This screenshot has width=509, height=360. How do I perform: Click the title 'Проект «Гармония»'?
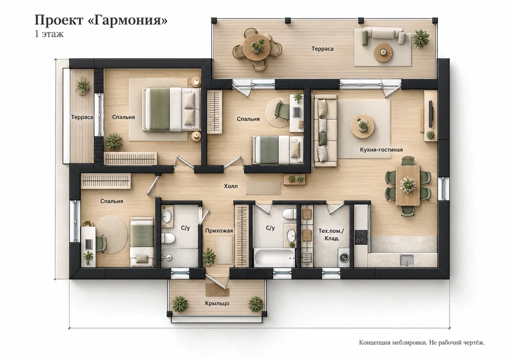(x=101, y=20)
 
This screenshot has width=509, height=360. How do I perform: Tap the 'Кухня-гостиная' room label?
(x=381, y=150)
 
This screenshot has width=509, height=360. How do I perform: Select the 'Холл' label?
(x=231, y=186)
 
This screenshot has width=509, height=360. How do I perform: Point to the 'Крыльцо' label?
(x=217, y=303)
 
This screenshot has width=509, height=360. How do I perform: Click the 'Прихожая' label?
(x=219, y=231)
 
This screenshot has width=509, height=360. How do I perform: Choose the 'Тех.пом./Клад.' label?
(x=331, y=235)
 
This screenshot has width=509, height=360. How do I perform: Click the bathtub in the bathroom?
(x=274, y=258)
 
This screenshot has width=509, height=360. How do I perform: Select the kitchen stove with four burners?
(x=360, y=237)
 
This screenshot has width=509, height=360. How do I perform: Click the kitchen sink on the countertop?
(x=407, y=260)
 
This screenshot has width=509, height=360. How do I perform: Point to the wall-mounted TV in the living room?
(x=431, y=115)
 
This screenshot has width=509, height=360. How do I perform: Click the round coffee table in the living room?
(x=363, y=126)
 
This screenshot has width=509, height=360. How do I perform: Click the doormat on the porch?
(x=218, y=289)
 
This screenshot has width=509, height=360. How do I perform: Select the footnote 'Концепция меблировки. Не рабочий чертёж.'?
(x=422, y=342)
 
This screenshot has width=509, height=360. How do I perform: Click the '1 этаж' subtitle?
(x=49, y=34)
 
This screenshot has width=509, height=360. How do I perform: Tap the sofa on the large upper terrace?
(x=383, y=36)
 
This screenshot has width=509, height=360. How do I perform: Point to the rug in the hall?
(x=263, y=188)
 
